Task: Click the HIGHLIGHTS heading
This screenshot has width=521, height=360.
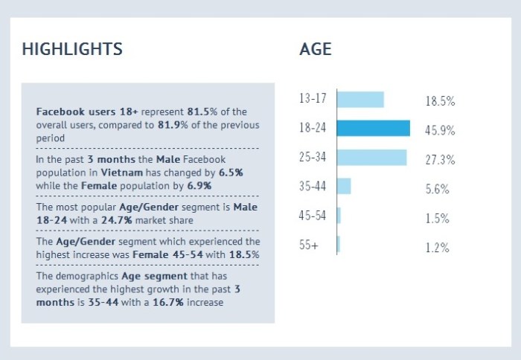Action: click(x=72, y=50)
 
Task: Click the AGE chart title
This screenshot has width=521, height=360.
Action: click(x=316, y=50)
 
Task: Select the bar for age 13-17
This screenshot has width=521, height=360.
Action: click(x=360, y=100)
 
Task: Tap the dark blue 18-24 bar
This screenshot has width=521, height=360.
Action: click(x=374, y=128)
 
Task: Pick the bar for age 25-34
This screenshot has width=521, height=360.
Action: click(x=371, y=157)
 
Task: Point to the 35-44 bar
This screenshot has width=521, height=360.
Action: click(x=344, y=186)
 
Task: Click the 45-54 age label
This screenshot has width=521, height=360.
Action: click(x=313, y=216)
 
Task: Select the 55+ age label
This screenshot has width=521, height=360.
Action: click(x=309, y=245)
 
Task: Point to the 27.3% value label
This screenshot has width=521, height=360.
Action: click(x=440, y=160)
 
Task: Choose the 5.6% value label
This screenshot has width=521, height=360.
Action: click(x=438, y=189)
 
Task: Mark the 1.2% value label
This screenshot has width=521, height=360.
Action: click(x=438, y=248)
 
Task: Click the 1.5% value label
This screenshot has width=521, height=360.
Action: click(x=438, y=219)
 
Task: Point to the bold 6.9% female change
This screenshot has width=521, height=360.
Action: click(x=199, y=184)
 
